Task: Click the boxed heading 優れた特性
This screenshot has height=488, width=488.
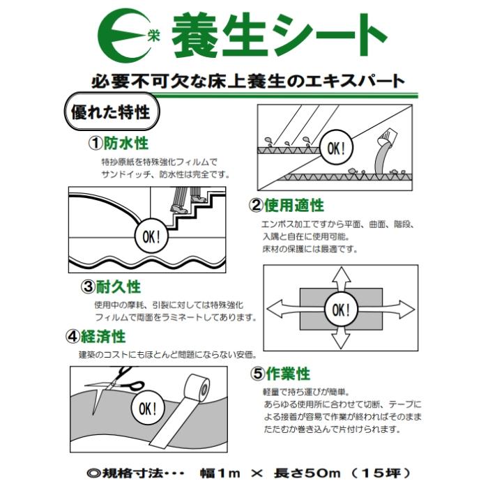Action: (x=110, y=112)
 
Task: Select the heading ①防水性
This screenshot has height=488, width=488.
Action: (x=118, y=144)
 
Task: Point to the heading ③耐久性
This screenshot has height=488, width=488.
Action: (x=111, y=287)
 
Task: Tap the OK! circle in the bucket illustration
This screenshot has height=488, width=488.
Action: (x=336, y=148)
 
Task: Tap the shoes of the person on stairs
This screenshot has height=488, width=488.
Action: (x=180, y=208)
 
